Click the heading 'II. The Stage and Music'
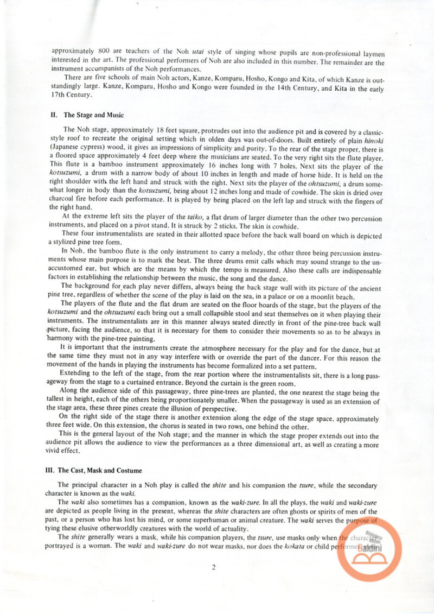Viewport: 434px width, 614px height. coord(86,115)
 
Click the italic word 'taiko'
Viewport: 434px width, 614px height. coord(194,216)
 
